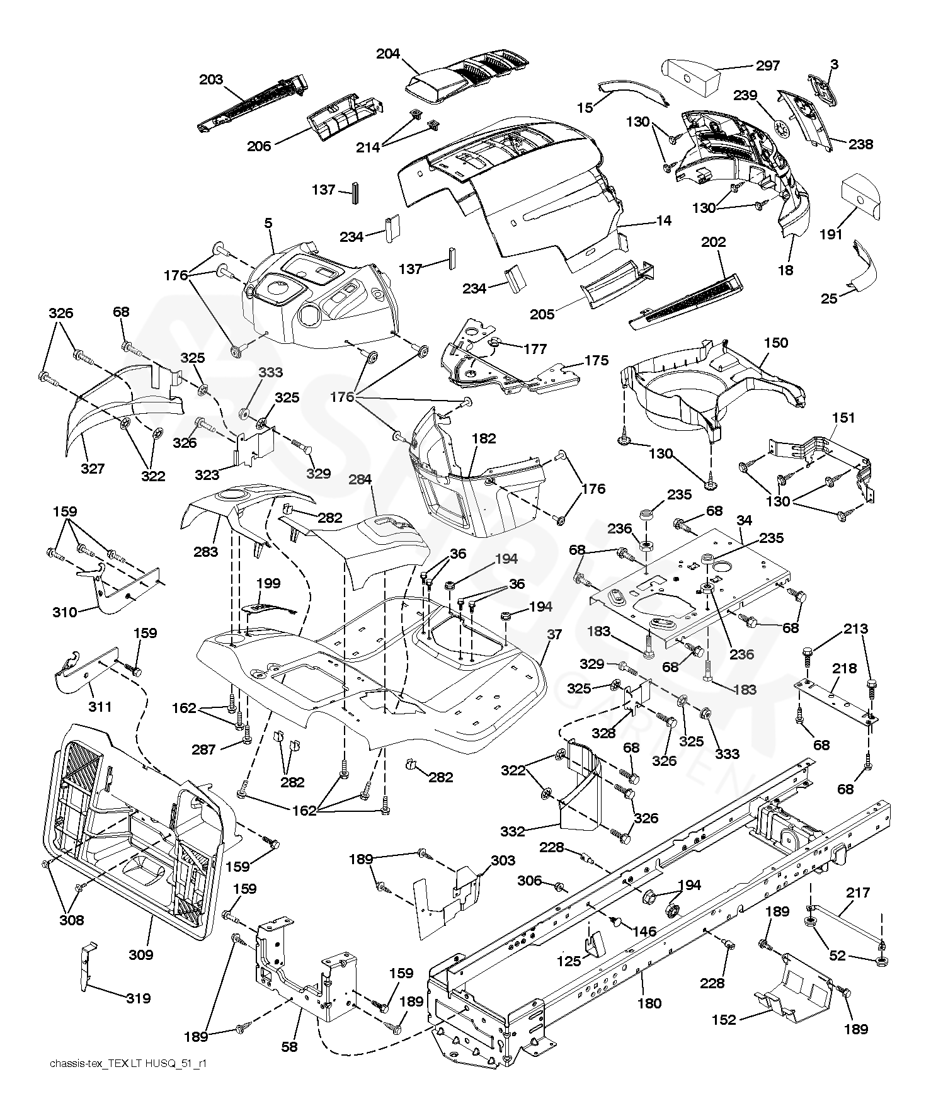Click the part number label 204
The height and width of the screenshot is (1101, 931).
pyautogui.click(x=388, y=54)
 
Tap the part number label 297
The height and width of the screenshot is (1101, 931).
pyautogui.click(x=767, y=66)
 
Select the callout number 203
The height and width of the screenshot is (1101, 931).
pyautogui.click(x=211, y=79)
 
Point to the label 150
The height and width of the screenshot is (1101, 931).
pyautogui.click(x=776, y=343)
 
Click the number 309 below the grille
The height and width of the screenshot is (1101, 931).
pyautogui.click(x=140, y=954)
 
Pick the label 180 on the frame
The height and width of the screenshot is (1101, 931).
pyautogui.click(x=649, y=1003)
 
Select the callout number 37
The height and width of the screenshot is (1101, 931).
pyautogui.click(x=554, y=634)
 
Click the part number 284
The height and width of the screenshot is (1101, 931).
pyautogui.click(x=360, y=480)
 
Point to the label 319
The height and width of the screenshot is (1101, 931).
pyautogui.click(x=138, y=998)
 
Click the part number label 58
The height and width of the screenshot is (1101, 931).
pyautogui.click(x=289, y=1047)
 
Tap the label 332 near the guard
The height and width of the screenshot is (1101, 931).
pyautogui.click(x=513, y=831)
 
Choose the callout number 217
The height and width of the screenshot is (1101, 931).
pyautogui.click(x=858, y=892)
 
